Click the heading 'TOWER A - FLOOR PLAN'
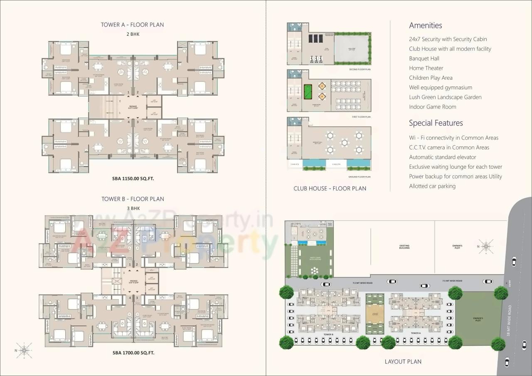pos(132,25)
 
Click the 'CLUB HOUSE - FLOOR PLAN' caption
pos(330,188)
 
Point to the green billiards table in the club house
pos(308,90)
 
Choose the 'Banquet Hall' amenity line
pos(424,59)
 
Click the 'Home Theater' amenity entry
pos(426,68)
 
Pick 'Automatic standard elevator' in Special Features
pos(442,157)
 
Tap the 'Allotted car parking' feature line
pos(432,186)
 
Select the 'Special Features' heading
pos(436,123)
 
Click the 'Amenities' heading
pos(425,25)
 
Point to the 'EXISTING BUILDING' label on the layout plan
pos(404,246)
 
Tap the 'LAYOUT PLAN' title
pos(403,361)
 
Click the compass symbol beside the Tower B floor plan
pos(25,350)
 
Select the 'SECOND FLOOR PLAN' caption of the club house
pos(360,69)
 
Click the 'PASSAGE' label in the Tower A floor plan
pos(133,107)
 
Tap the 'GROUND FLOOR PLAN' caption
pos(359,177)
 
